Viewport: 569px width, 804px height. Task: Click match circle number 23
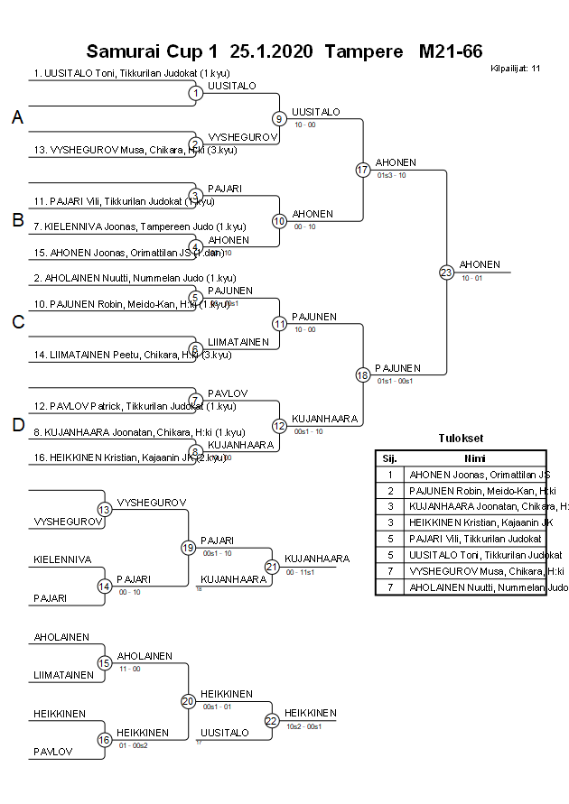[446, 272]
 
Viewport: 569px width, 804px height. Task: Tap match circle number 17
[363, 170]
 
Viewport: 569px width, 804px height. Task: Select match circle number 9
[280, 118]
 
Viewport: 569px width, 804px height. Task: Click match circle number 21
[272, 566]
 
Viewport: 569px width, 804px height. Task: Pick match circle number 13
[105, 510]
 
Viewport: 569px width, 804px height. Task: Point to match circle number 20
[188, 700]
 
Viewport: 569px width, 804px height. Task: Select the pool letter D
[17, 425]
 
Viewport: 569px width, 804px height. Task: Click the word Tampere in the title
[363, 51]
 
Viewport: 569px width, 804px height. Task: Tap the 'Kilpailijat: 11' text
[516, 68]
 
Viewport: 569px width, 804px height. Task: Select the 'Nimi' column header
[475, 457]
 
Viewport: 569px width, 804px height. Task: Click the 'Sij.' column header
[389, 457]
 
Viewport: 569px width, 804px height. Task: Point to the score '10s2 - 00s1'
[304, 725]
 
